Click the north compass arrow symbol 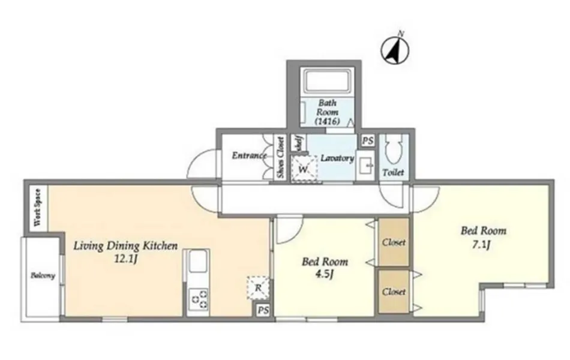click(x=395, y=51)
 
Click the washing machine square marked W click(x=304, y=169)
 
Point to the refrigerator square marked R click(x=258, y=287)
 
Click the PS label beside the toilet click(x=368, y=141)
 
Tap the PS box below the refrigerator click(x=263, y=310)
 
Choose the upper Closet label click(x=394, y=242)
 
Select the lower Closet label click(x=394, y=292)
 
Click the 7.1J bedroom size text click(x=481, y=245)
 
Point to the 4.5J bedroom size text click(x=325, y=274)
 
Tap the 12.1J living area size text click(x=126, y=259)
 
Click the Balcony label click(x=43, y=275)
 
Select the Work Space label click(x=37, y=208)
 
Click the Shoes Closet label click(x=280, y=157)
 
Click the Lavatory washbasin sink click(x=365, y=166)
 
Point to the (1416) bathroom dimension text click(x=328, y=121)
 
